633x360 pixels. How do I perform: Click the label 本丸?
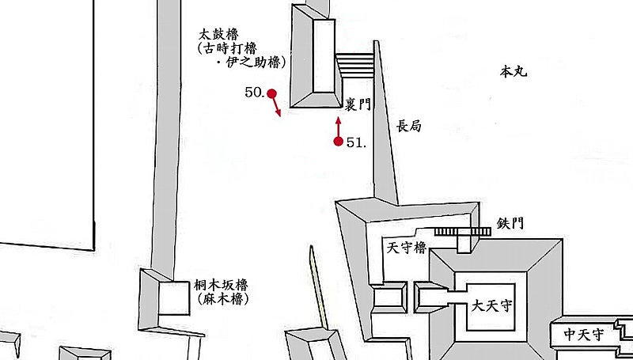pyautogui.click(x=514, y=72)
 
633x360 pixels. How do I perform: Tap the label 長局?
pyautogui.click(x=409, y=126)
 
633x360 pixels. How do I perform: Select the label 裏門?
pyautogui.click(x=358, y=104)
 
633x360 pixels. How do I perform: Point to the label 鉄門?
pyautogui.click(x=510, y=223)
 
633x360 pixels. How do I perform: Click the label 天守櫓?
pyautogui.click(x=407, y=248)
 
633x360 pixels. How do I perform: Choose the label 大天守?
pyautogui.click(x=491, y=306)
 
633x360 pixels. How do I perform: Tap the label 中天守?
pyautogui.click(x=584, y=334)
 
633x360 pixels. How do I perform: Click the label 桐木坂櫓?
pyautogui.click(x=221, y=286)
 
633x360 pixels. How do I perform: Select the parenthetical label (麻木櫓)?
pyautogui.click(x=223, y=299)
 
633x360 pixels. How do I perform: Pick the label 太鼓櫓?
pyautogui.click(x=218, y=34)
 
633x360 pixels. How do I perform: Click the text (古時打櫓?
pyautogui.click(x=227, y=48)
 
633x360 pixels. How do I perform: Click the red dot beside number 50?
pyautogui.click(x=271, y=93)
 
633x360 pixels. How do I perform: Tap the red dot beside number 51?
pyautogui.click(x=339, y=142)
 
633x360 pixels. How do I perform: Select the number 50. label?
pyautogui.click(x=255, y=93)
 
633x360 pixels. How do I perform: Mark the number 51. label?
pyautogui.click(x=357, y=142)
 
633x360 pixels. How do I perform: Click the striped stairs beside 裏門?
pyautogui.click(x=354, y=66)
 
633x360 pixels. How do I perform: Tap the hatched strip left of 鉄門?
pyautogui.click(x=463, y=232)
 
